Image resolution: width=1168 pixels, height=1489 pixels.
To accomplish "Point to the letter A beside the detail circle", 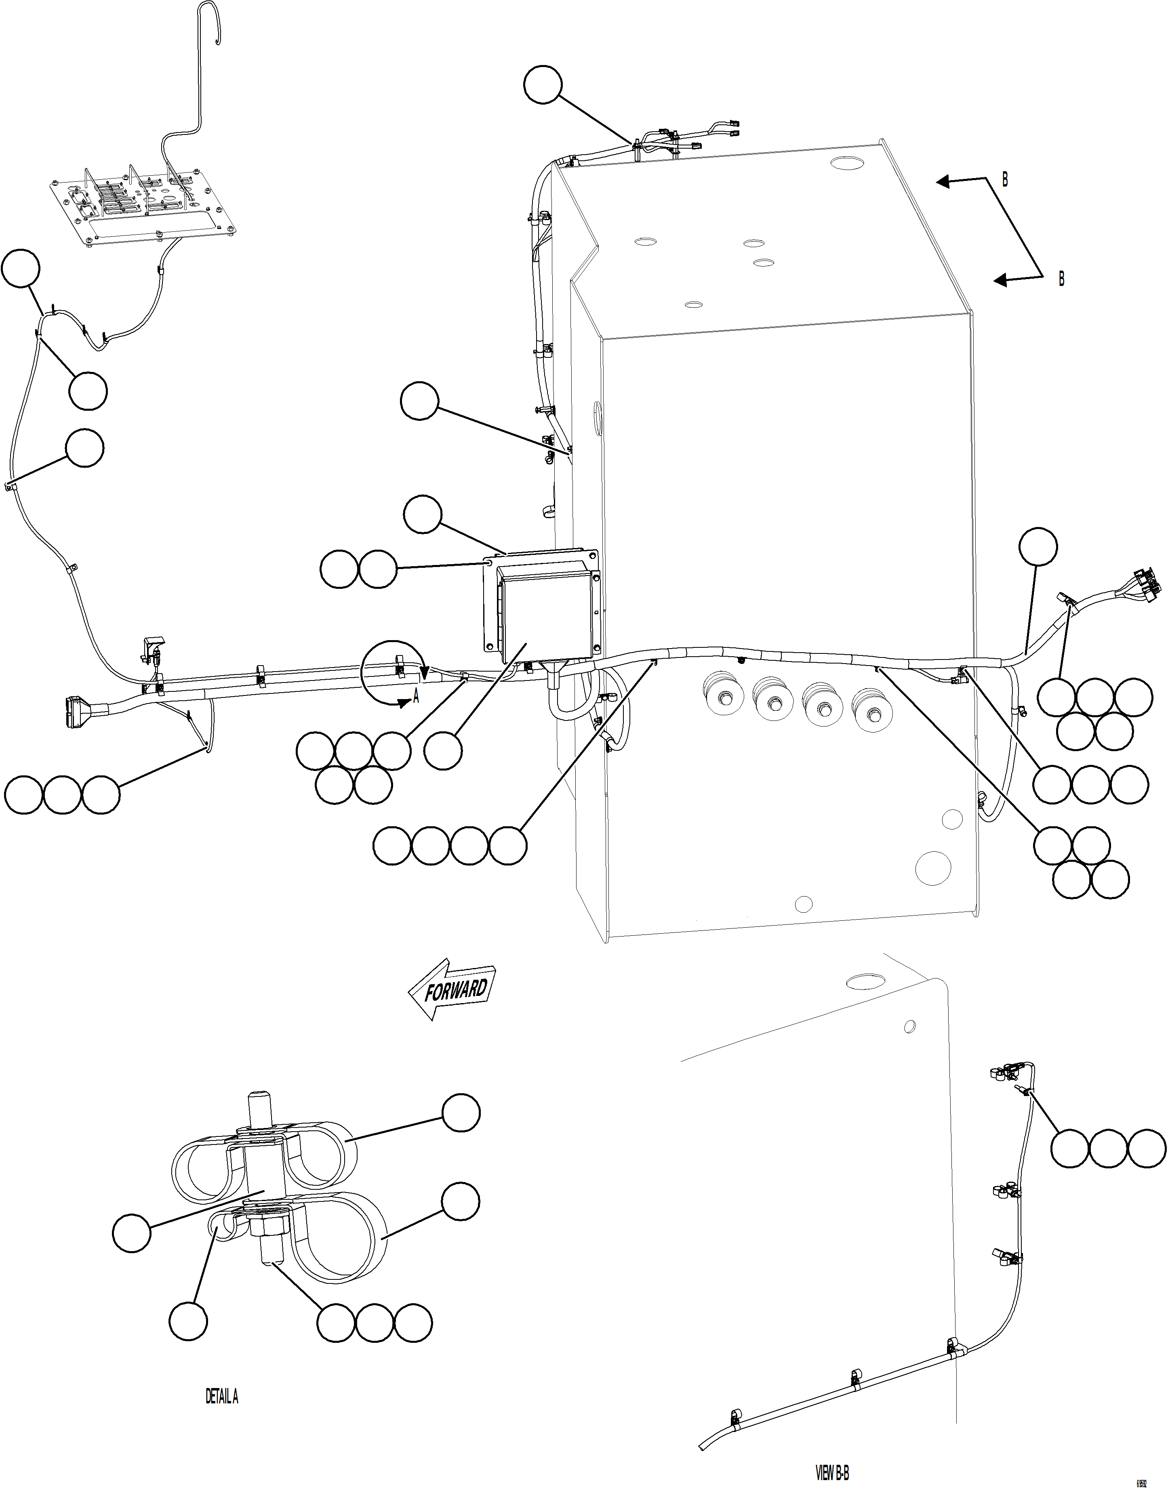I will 415,698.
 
